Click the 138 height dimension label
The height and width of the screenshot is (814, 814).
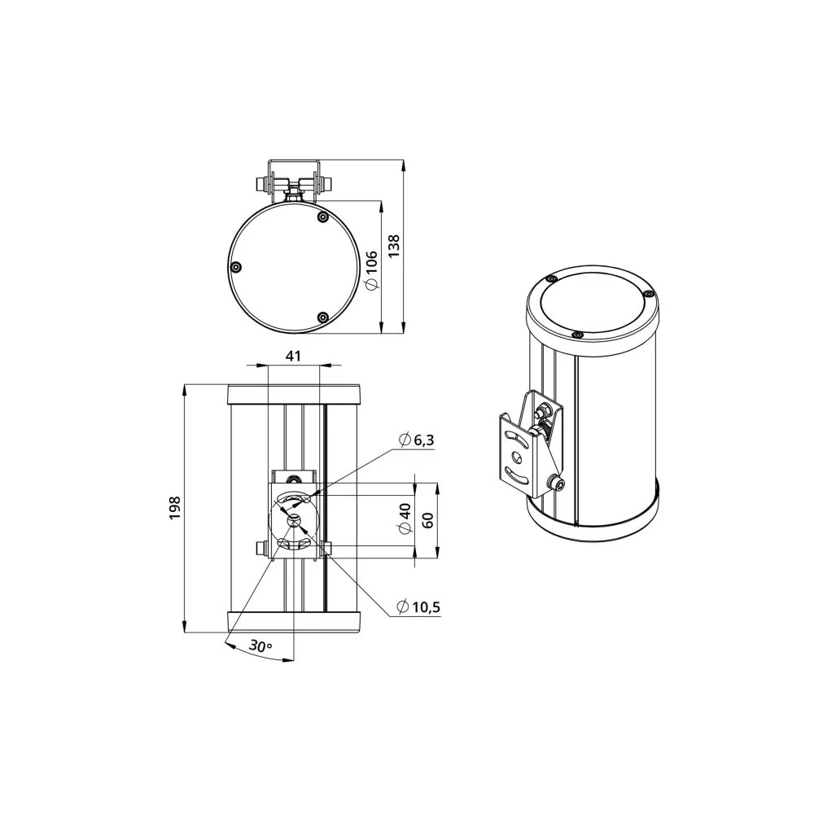(x=394, y=246)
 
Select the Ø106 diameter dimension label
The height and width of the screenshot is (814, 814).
(x=371, y=270)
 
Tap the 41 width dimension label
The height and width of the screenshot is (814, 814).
(x=293, y=356)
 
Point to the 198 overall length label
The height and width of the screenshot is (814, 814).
(x=174, y=508)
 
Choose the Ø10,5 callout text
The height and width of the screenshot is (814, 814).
(x=418, y=606)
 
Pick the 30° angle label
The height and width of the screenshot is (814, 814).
(x=260, y=646)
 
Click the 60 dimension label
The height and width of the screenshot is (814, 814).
(x=428, y=519)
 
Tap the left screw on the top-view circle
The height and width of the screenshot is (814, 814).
(x=236, y=267)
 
